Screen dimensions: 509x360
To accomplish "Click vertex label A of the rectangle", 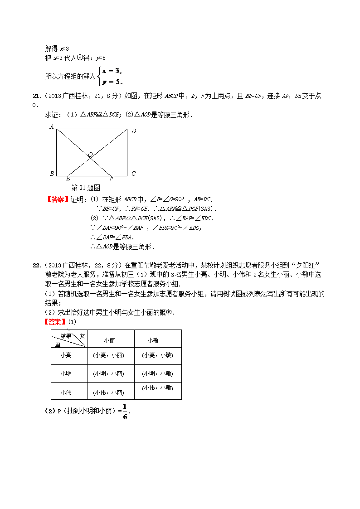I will tap(52, 127).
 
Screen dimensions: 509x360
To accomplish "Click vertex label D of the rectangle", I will tap(134, 131).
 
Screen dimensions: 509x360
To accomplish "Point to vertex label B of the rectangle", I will tap(52, 174).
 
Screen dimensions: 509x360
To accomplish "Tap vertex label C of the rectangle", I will tap(133, 174).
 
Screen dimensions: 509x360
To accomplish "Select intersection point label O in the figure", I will tap(90, 155).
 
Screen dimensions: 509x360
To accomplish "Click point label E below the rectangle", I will tap(68, 179).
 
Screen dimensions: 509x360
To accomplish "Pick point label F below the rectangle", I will tap(112, 179).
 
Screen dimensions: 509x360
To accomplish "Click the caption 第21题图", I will tap(86, 188).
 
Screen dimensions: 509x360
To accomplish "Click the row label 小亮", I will tap(66, 355).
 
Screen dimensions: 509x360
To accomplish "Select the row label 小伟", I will tap(66, 393).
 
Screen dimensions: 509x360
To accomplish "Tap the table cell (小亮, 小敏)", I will tap(157, 355).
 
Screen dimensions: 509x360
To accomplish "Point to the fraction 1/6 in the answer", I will tap(125, 411).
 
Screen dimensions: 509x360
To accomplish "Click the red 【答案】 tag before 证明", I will tap(58, 199).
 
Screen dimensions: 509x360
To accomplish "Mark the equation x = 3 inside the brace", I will tap(112, 71).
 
